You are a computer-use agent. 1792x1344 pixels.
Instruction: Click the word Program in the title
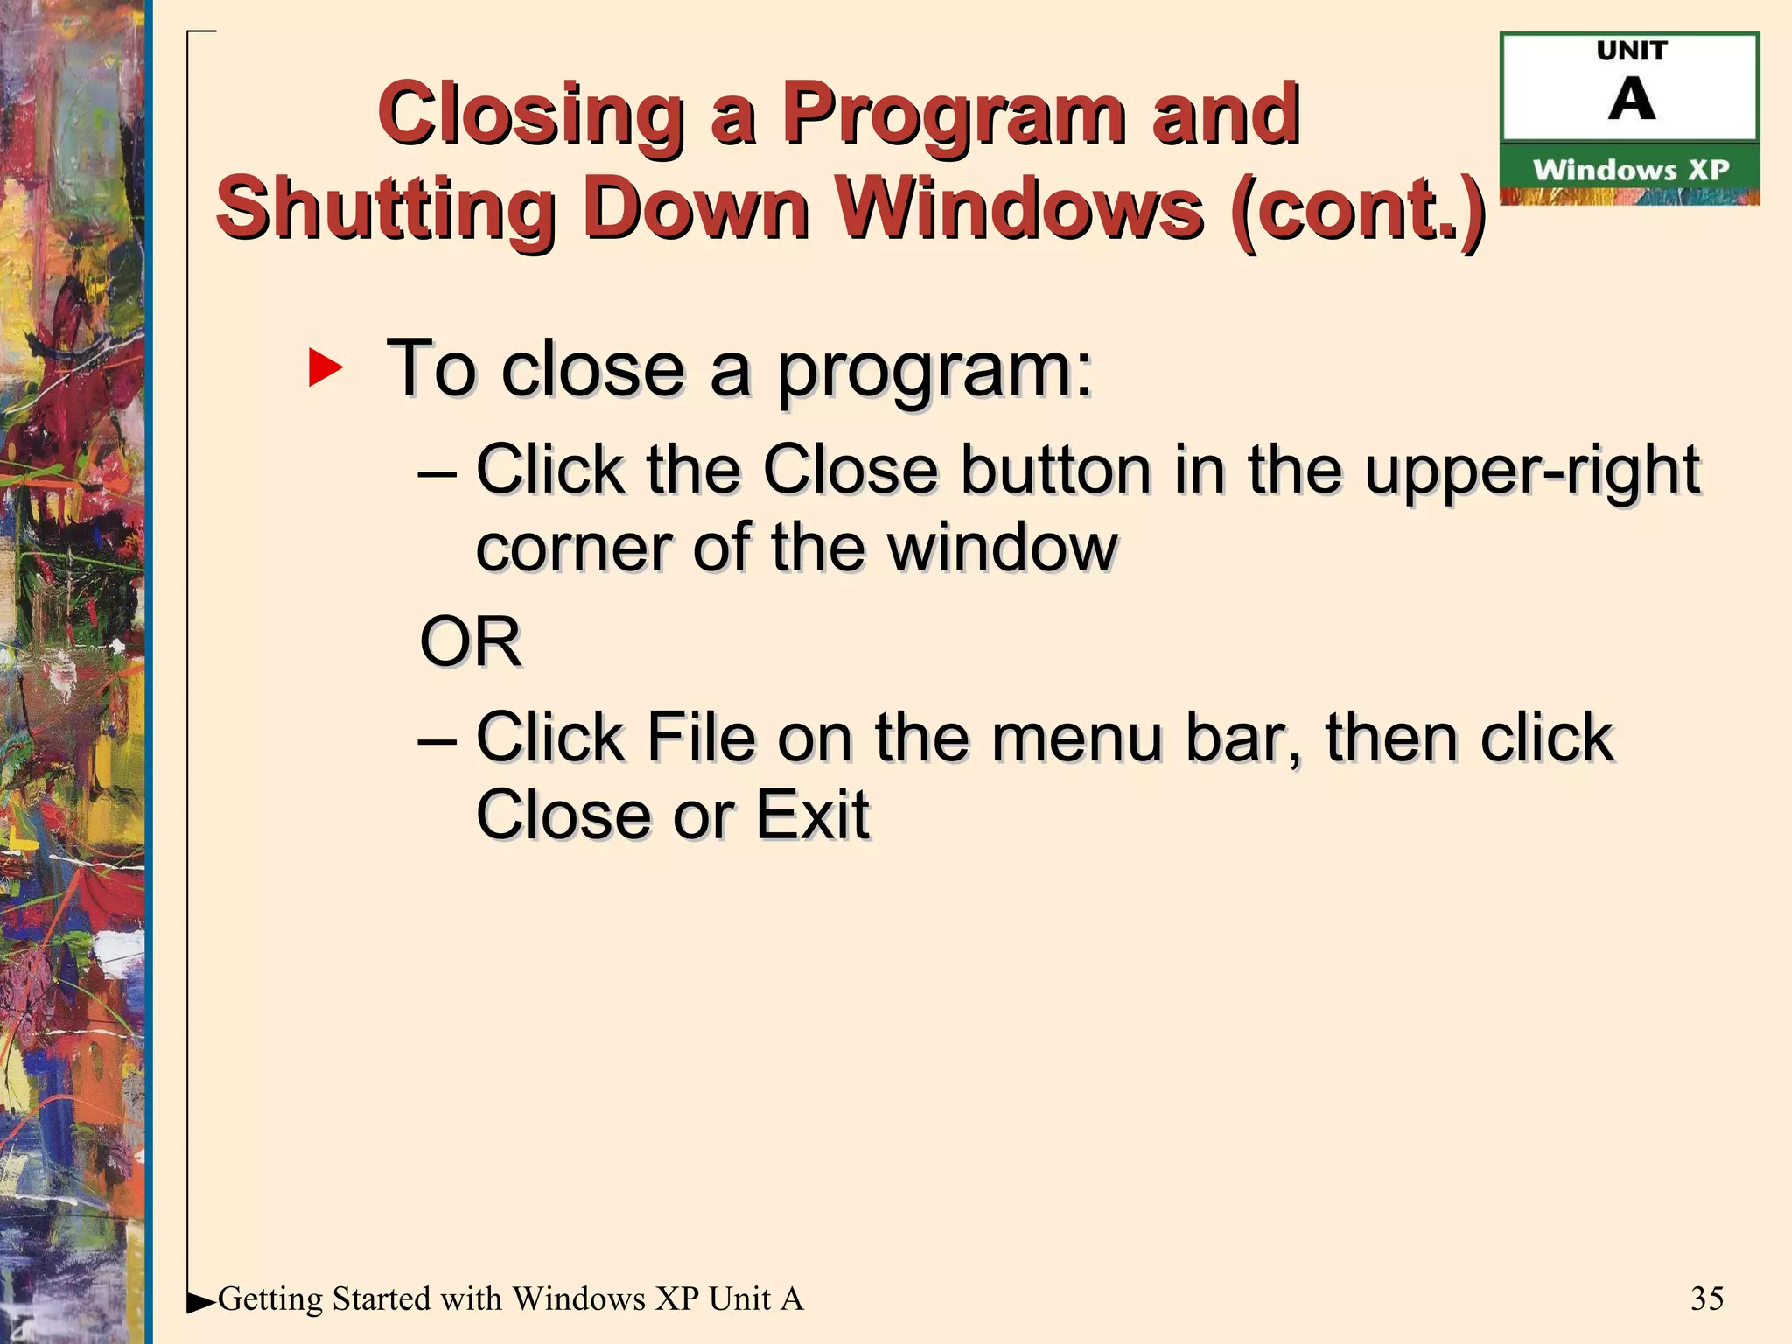pyautogui.click(x=954, y=115)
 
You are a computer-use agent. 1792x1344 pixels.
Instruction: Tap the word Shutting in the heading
pyautogui.click(x=386, y=210)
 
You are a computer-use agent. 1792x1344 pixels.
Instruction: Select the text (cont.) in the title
pyautogui.click(x=1357, y=210)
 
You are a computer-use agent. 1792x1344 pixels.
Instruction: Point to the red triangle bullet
pyautogui.click(x=325, y=367)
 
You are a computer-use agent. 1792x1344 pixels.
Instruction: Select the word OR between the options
pyautogui.click(x=470, y=641)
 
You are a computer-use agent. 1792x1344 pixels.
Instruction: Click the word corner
pyautogui.click(x=573, y=549)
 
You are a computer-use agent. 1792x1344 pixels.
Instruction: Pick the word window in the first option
pyautogui.click(x=1003, y=548)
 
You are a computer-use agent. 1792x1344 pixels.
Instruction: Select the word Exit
pyautogui.click(x=812, y=815)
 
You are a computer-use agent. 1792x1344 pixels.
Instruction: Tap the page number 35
pyautogui.click(x=1707, y=1298)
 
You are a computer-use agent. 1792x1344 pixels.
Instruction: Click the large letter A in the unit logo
pyautogui.click(x=1631, y=99)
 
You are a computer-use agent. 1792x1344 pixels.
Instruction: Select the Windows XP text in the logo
pyautogui.click(x=1631, y=170)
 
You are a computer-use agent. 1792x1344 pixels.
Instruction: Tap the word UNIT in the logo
pyautogui.click(x=1631, y=51)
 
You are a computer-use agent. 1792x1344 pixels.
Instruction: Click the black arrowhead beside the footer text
pyautogui.click(x=200, y=1303)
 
